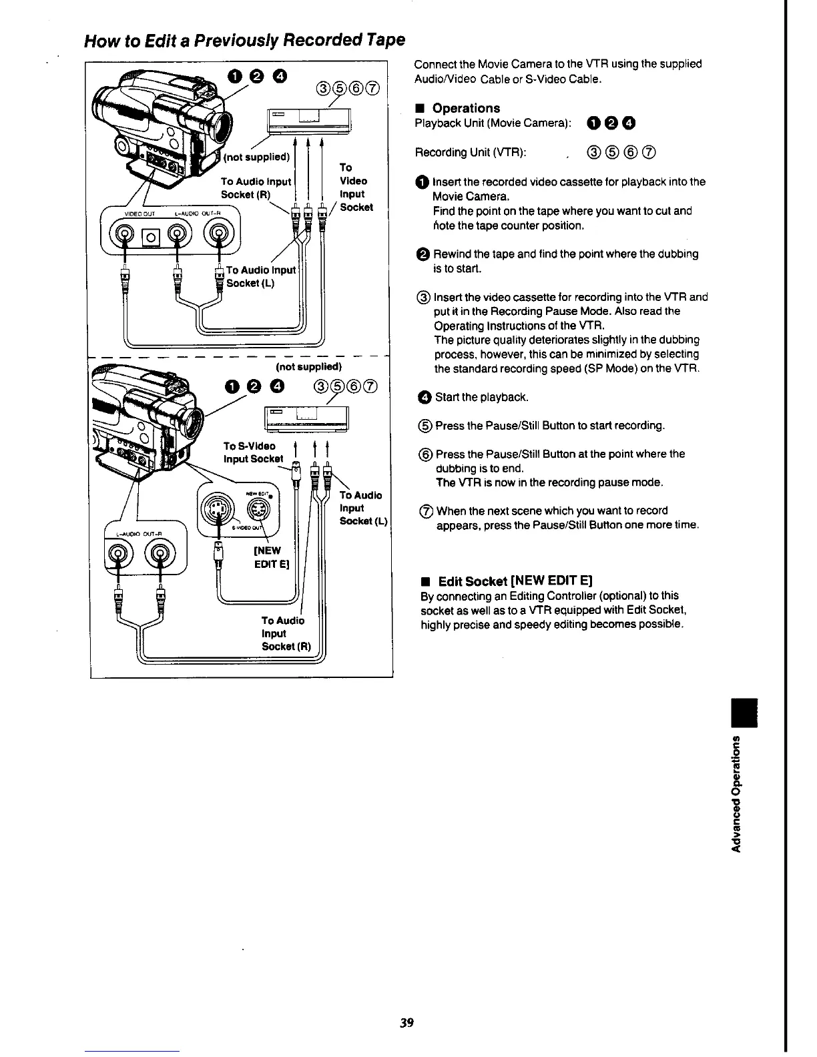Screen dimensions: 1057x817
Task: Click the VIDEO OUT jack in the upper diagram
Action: tap(125, 234)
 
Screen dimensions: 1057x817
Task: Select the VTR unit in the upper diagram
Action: tap(308, 121)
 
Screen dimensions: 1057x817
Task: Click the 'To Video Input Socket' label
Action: tap(354, 187)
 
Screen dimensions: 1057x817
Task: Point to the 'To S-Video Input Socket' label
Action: tap(252, 452)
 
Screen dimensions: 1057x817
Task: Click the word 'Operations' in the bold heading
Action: tap(466, 108)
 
